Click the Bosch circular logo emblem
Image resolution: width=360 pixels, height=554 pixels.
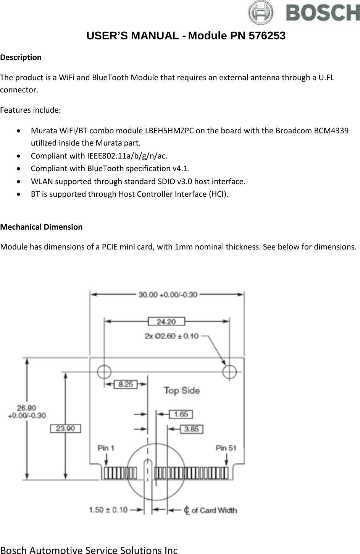pyautogui.click(x=261, y=13)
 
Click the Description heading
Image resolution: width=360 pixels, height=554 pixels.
pyautogui.click(x=21, y=58)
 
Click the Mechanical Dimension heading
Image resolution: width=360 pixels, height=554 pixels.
pyautogui.click(x=41, y=227)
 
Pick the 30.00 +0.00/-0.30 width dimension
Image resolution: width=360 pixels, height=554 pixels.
pyautogui.click(x=168, y=295)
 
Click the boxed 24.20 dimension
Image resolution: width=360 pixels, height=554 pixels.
pyautogui.click(x=166, y=322)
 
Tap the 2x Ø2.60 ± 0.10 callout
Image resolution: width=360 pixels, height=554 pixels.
pyautogui.click(x=172, y=336)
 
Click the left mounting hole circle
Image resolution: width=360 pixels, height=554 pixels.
pyautogui.click(x=104, y=371)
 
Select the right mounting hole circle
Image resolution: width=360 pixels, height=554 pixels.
pyautogui.click(x=230, y=371)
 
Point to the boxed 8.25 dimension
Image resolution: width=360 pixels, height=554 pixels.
pyautogui.click(x=126, y=384)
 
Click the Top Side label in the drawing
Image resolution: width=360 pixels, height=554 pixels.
pyautogui.click(x=182, y=390)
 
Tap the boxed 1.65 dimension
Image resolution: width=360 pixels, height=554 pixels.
pyautogui.click(x=181, y=414)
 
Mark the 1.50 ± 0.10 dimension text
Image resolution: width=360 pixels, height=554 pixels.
pyautogui.click(x=108, y=510)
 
